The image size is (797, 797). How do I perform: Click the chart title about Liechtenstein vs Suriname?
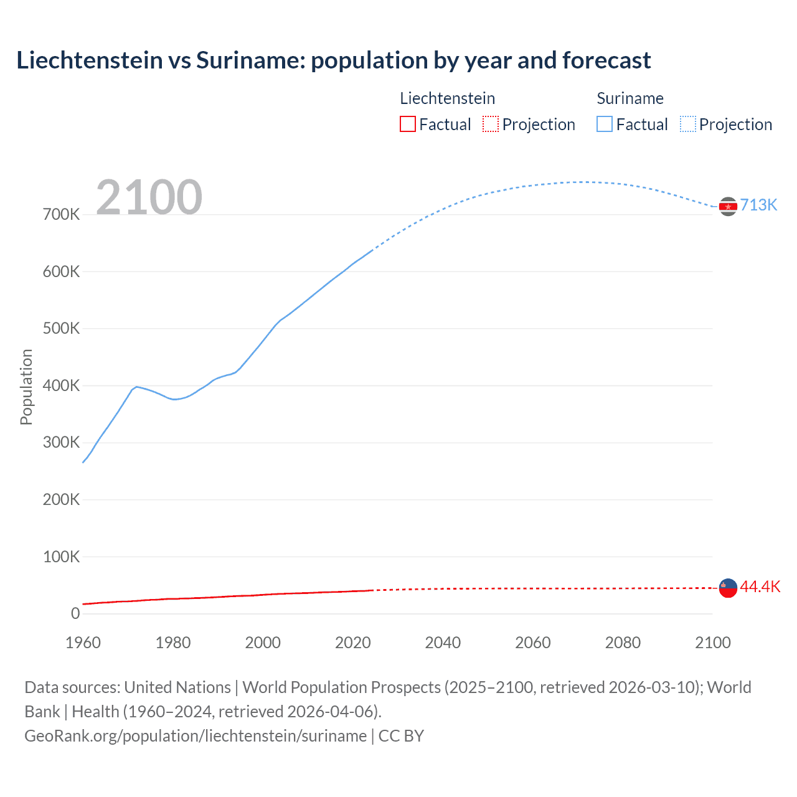[x=333, y=60]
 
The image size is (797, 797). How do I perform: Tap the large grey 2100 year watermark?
[x=149, y=197]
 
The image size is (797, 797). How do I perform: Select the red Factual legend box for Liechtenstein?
[x=407, y=125]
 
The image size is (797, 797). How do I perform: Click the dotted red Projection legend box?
[x=491, y=125]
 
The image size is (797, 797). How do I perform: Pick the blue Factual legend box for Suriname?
[x=605, y=125]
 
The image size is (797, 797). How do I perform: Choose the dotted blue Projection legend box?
[x=688, y=125]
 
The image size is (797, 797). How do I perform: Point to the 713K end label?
[x=758, y=205]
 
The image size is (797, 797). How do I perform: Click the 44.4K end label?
[x=760, y=587]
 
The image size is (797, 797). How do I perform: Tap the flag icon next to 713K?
[x=728, y=206]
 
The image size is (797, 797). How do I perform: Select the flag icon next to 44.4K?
[x=728, y=587]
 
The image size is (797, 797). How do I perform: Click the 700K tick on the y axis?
[x=61, y=215]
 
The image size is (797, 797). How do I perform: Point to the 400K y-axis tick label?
[x=61, y=386]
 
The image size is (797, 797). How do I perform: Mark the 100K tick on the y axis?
[x=61, y=557]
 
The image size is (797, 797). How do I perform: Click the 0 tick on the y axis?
[x=75, y=614]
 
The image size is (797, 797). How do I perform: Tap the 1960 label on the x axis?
[x=83, y=643]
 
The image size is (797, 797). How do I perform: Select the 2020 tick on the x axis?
[x=353, y=643]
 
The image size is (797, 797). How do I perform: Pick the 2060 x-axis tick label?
[x=533, y=643]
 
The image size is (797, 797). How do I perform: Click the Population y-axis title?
[x=26, y=387]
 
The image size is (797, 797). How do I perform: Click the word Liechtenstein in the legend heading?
[x=447, y=98]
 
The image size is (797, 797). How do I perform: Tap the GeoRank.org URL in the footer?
[x=196, y=736]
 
